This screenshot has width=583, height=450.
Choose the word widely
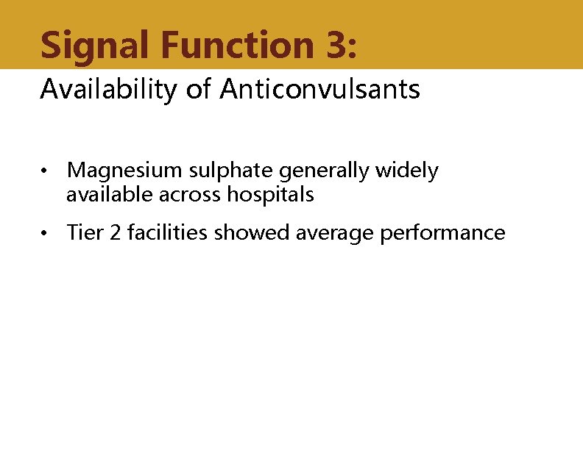click(x=407, y=171)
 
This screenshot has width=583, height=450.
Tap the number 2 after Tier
click(x=111, y=233)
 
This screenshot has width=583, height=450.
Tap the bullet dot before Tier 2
click(x=46, y=234)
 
